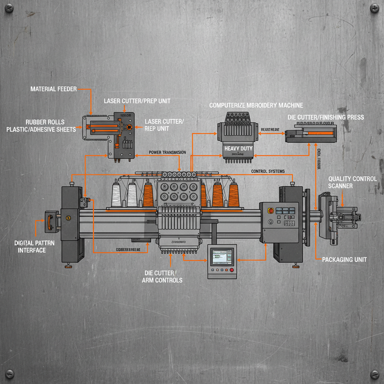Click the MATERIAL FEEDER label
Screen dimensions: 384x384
[54, 89]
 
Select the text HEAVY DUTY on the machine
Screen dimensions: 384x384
[238, 148]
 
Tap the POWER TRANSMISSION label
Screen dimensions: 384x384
[167, 153]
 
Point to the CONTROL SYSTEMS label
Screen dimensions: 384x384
[268, 171]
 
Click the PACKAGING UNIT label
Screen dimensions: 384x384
[344, 259]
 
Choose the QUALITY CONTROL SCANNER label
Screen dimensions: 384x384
[352, 182]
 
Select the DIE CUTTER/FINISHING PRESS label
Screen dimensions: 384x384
[325, 117]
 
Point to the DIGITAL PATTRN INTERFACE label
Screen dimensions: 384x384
[34, 246]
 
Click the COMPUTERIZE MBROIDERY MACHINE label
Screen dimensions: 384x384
[256, 105]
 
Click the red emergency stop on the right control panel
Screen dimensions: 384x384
[270, 211]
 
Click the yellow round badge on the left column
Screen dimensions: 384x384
[68, 218]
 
